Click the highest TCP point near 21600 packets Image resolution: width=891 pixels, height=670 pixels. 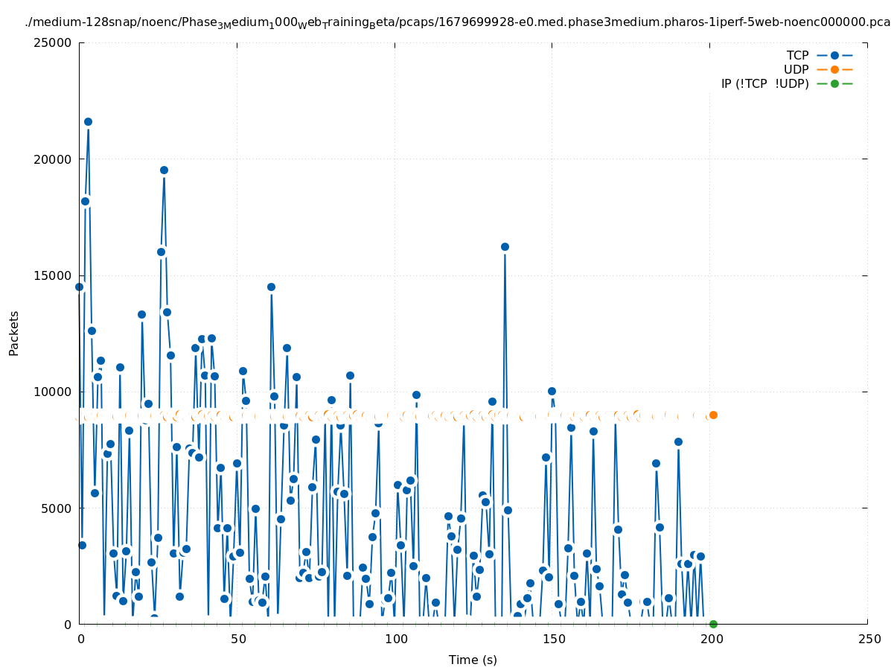pos(88,121)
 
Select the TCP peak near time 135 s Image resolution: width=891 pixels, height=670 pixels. pos(505,246)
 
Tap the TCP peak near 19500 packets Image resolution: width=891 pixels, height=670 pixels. pos(164,170)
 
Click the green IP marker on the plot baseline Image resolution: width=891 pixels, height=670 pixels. pos(713,624)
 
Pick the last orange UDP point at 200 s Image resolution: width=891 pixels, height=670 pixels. pos(713,415)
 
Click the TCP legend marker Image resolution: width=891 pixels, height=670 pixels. pos(834,55)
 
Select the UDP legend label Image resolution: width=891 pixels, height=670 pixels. pos(796,69)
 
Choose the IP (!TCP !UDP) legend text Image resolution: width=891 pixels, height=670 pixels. pos(764,83)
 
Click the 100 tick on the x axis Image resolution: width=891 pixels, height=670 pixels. pos(395,639)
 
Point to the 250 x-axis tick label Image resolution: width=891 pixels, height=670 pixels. pos(868,639)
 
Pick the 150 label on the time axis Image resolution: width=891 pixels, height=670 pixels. pos(553,639)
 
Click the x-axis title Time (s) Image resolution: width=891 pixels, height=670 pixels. pos(473,660)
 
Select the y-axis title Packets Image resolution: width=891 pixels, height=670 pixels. pos(14,333)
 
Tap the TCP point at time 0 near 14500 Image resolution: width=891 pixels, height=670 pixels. pos(79,287)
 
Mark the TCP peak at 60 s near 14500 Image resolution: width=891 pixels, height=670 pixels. pos(271,287)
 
